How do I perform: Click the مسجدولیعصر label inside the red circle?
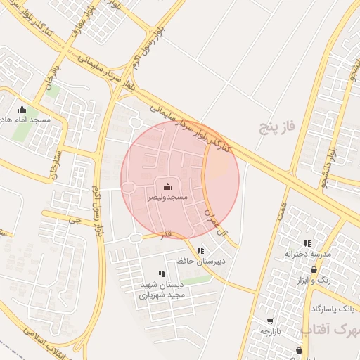pyautogui.click(x=167, y=198)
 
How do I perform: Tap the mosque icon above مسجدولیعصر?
pyautogui.click(x=167, y=186)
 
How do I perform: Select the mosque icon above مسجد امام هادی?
pyautogui.click(x=22, y=109)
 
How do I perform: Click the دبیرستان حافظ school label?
pyautogui.click(x=203, y=261)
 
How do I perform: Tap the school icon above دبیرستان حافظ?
pyautogui.click(x=201, y=250)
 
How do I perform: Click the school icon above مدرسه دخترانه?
pyautogui.click(x=307, y=243)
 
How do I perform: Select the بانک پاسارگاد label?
pyautogui.click(x=334, y=309)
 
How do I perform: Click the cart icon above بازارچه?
pyautogui.click(x=270, y=321)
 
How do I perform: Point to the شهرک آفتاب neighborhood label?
pyautogui.click(x=330, y=328)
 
